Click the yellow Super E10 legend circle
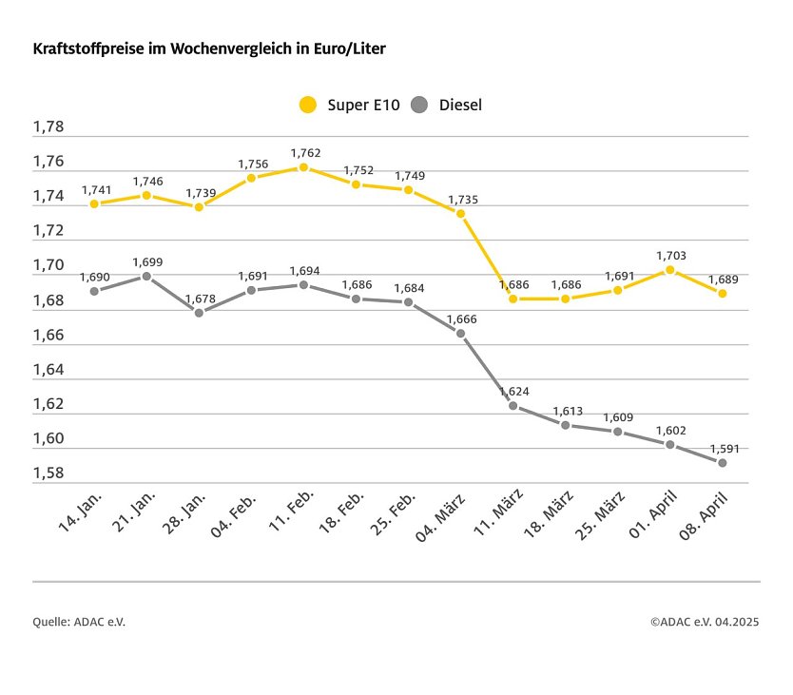click(307, 105)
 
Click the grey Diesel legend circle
click(420, 105)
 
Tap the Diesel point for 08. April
click(722, 463)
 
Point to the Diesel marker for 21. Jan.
click(146, 276)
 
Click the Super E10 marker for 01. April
click(669, 270)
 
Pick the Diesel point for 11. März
click(513, 406)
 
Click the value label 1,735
click(460, 199)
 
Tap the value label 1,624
click(513, 391)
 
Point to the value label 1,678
click(200, 298)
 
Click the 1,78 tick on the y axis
click(48, 127)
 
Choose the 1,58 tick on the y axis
click(48, 473)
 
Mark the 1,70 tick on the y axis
click(48, 265)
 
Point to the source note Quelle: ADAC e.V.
click(79, 622)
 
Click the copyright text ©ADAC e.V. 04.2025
click(705, 622)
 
